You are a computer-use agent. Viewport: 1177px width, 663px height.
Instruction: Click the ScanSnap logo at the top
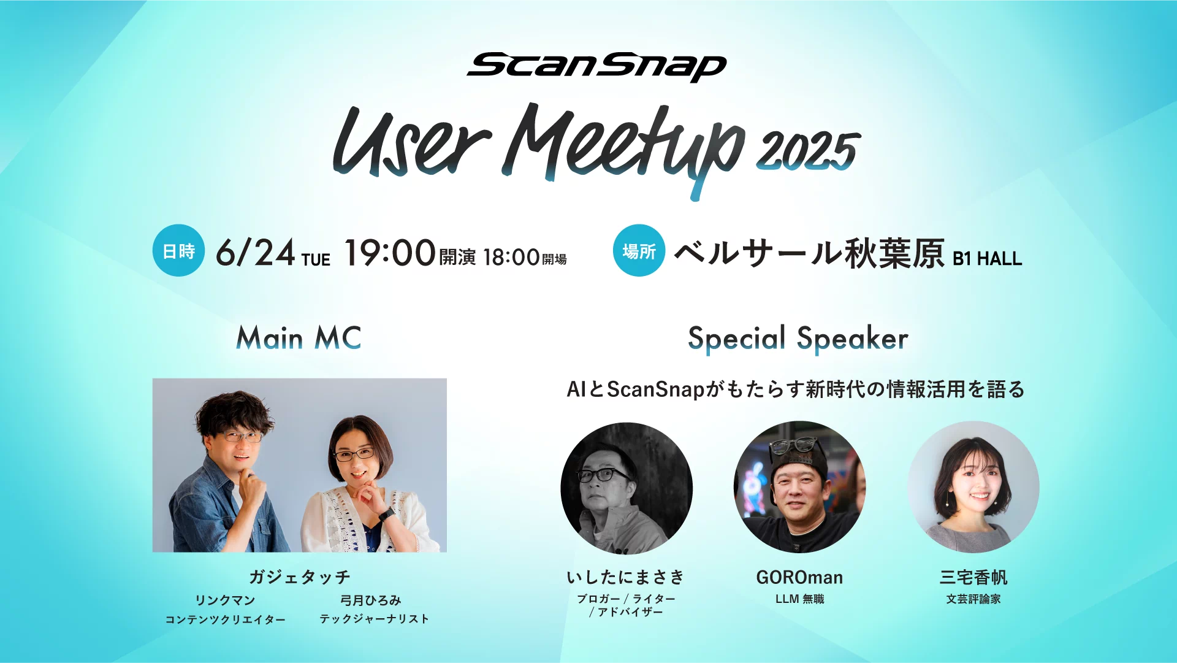point(596,66)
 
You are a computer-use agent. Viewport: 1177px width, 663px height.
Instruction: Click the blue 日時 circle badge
point(178,250)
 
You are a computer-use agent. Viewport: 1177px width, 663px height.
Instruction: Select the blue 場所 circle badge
point(639,250)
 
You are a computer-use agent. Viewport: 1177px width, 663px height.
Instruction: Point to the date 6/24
point(256,252)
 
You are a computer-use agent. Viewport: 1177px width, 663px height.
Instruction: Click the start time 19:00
point(390,253)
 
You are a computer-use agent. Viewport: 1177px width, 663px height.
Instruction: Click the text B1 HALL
point(987,259)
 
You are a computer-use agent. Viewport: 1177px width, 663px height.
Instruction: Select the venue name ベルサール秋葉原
point(809,252)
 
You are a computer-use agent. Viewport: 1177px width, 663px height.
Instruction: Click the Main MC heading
point(299,338)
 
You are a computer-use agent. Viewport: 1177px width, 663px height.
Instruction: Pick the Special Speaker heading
point(798,339)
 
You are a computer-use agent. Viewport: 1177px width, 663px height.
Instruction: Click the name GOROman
point(799,577)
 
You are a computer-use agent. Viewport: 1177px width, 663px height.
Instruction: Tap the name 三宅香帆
point(973,577)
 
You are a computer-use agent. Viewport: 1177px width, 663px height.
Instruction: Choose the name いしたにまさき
point(626,577)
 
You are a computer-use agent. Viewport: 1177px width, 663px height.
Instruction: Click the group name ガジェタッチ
point(300,577)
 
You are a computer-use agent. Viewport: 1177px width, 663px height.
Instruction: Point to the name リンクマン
point(225,600)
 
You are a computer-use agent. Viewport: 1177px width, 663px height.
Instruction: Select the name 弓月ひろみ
point(371,600)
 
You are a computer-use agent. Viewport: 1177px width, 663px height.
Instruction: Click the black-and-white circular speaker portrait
point(627,488)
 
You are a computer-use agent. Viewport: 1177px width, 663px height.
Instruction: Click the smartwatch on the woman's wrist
point(387,514)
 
